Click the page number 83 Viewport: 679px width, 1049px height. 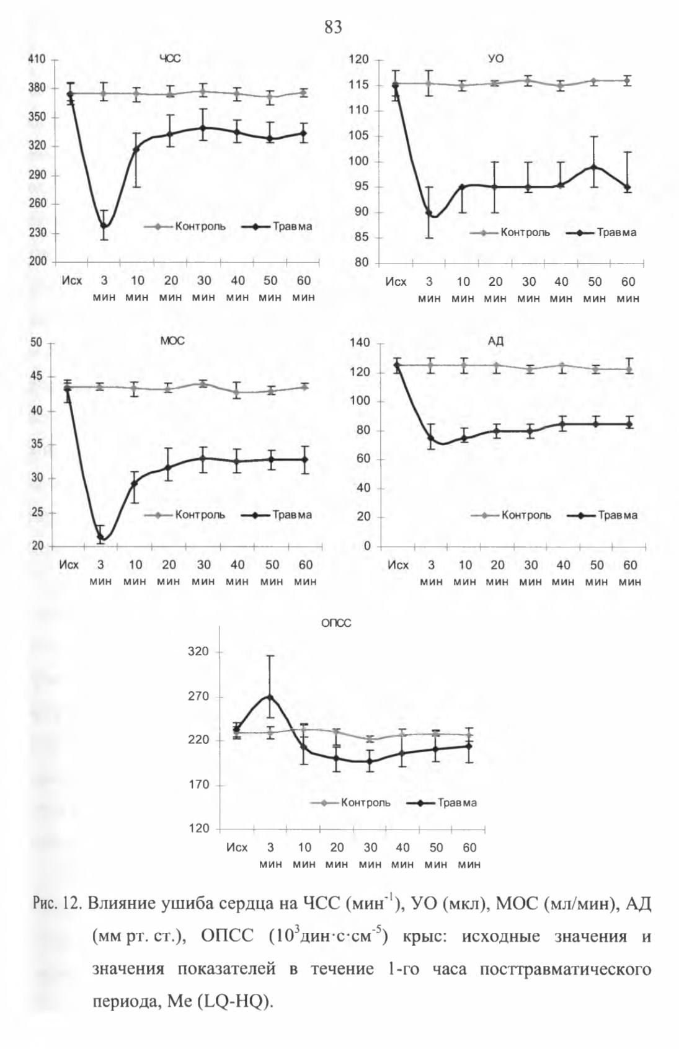333,28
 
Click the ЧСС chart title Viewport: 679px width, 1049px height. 171,59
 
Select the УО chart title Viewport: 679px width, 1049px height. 496,59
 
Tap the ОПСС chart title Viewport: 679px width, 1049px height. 336,623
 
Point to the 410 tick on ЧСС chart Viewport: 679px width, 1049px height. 37,60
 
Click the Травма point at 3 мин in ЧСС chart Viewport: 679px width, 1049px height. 104,226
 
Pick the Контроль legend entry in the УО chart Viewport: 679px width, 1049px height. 510,232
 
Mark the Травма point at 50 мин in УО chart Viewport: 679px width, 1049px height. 595,167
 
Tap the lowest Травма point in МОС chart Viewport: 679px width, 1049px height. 100,537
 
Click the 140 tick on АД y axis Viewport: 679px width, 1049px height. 360,343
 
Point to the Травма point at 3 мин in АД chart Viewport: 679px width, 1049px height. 431,438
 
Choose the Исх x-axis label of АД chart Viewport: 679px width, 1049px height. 398,565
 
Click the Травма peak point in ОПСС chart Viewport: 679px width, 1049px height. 270,696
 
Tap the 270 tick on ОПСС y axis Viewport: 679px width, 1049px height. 198,696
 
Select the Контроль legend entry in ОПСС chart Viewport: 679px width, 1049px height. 350,803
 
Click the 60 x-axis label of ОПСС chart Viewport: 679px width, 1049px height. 469,848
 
